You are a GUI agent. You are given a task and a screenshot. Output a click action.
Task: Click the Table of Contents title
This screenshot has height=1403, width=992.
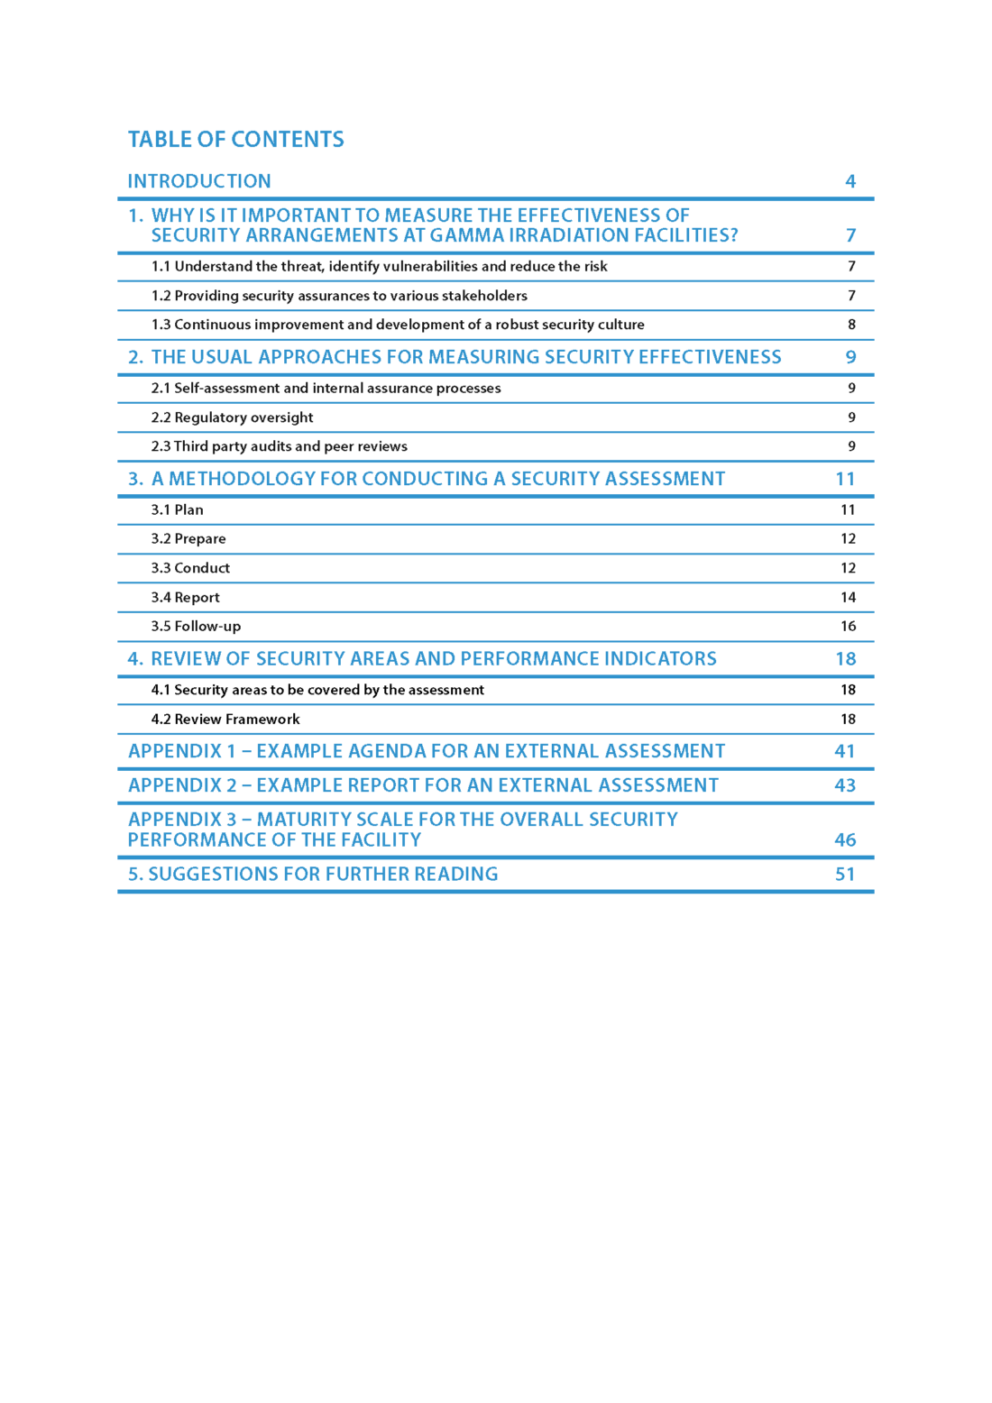pyautogui.click(x=235, y=140)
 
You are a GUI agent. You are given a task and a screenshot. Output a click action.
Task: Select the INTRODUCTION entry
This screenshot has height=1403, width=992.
pyautogui.click(x=199, y=181)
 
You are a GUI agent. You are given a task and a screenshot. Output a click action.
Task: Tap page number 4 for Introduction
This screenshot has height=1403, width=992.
pyautogui.click(x=850, y=181)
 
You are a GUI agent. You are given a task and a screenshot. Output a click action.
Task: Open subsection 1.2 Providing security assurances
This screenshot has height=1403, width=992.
pyautogui.click(x=339, y=296)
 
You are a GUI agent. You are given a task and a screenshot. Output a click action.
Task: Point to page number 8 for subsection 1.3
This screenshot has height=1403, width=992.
pyautogui.click(x=851, y=325)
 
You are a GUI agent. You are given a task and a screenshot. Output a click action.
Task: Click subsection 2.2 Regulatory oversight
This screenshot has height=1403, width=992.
pyautogui.click(x=232, y=417)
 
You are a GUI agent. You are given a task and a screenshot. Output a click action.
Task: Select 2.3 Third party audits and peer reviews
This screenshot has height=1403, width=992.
pyautogui.click(x=279, y=446)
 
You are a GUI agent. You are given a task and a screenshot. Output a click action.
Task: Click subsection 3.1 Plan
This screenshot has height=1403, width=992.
pyautogui.click(x=177, y=509)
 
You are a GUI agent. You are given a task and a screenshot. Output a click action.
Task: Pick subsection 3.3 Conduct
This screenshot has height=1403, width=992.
pyautogui.click(x=190, y=568)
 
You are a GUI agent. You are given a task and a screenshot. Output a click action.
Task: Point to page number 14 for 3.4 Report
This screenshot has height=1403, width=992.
pyautogui.click(x=848, y=597)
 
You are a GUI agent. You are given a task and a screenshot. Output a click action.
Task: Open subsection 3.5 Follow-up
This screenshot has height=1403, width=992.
pyautogui.click(x=196, y=626)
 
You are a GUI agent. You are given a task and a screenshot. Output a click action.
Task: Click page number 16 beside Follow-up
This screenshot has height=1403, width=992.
pyautogui.click(x=848, y=626)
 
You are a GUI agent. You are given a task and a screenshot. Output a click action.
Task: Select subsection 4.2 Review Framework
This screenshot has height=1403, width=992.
pyautogui.click(x=225, y=719)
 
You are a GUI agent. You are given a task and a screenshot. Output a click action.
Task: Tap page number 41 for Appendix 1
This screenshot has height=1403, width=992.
pyautogui.click(x=844, y=751)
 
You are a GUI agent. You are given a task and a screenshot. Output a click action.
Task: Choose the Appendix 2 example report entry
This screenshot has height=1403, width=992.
pyautogui.click(x=423, y=785)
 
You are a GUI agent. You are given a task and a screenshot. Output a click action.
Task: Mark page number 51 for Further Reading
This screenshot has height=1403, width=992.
pyautogui.click(x=844, y=874)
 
